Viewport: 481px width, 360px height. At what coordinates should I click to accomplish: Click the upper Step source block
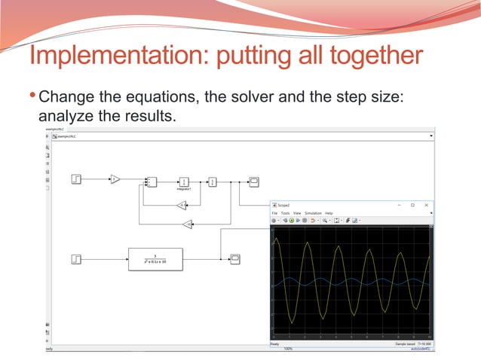76,179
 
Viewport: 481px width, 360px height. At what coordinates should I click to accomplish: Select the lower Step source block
76,258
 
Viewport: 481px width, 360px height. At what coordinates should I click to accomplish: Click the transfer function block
155,258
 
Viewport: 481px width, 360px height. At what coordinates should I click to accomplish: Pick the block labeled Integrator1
184,182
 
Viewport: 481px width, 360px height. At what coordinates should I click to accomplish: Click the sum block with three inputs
151,182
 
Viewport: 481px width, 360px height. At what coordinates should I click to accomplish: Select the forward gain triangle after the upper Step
115,179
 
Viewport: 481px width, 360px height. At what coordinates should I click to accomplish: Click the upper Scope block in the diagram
254,182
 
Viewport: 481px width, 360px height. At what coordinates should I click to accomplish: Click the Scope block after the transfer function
234,258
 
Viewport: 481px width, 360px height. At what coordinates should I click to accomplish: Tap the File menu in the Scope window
275,213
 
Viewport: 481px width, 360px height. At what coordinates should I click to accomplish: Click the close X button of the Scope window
427,205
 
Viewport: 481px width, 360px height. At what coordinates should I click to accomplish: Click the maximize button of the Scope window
412,205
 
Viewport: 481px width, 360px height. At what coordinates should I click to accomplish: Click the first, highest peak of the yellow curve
277,240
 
